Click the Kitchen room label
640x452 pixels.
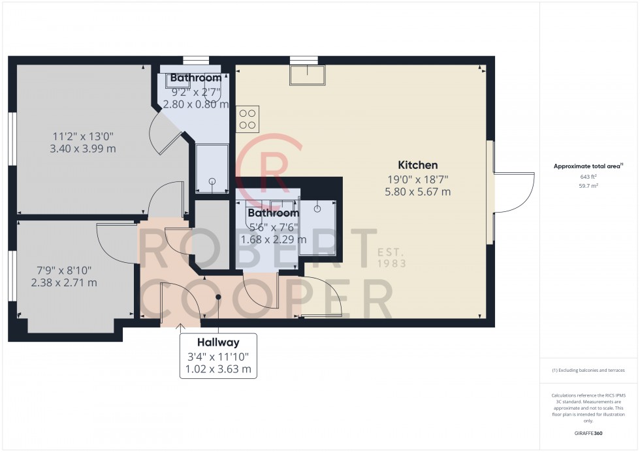[417, 165]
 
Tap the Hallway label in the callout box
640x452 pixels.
[218, 342]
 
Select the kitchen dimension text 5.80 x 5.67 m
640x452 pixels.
[417, 192]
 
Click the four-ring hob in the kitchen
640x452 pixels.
[248, 119]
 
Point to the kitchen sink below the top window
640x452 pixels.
[308, 75]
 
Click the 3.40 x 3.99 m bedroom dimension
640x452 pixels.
[83, 149]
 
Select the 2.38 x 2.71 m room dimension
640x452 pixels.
[64, 282]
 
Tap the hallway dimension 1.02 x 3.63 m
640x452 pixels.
[218, 369]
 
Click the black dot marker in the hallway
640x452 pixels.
[218, 297]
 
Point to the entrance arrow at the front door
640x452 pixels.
[180, 326]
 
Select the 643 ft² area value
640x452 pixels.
[588, 177]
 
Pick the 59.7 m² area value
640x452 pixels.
[588, 186]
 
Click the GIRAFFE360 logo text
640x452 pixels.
[588, 433]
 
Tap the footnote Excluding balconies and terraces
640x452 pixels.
[588, 370]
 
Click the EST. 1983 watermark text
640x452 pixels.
[391, 258]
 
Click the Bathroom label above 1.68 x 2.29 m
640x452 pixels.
[274, 213]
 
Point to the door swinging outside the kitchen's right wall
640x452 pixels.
[514, 192]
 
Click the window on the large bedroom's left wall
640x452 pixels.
[12, 138]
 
